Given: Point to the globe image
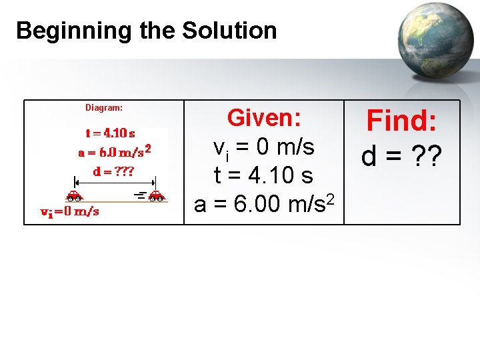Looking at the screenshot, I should pyautogui.click(x=435, y=41).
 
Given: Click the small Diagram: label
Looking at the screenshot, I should pyautogui.click(x=103, y=107).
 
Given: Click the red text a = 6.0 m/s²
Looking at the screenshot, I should pyautogui.click(x=114, y=152).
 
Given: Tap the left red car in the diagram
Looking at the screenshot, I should pyautogui.click(x=74, y=196).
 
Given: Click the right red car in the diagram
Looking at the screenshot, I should pyautogui.click(x=156, y=196).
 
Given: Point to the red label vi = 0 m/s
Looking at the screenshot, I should pyautogui.click(x=70, y=212).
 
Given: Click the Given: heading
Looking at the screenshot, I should pyautogui.click(x=265, y=118).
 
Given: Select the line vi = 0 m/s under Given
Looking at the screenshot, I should pyautogui.click(x=264, y=147).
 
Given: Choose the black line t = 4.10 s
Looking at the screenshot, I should pyautogui.click(x=264, y=175).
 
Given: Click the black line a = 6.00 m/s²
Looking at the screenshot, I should pyautogui.click(x=264, y=203).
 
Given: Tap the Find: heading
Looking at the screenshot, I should pyautogui.click(x=402, y=122).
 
